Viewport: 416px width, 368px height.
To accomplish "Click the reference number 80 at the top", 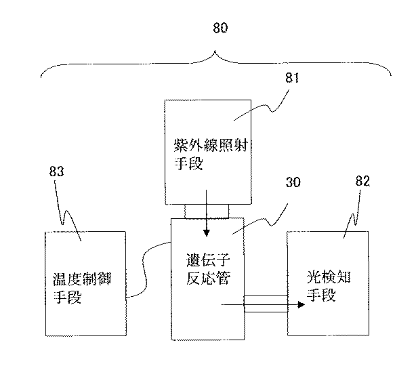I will click(221, 29).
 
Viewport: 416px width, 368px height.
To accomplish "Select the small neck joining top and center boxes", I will click(206, 210).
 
